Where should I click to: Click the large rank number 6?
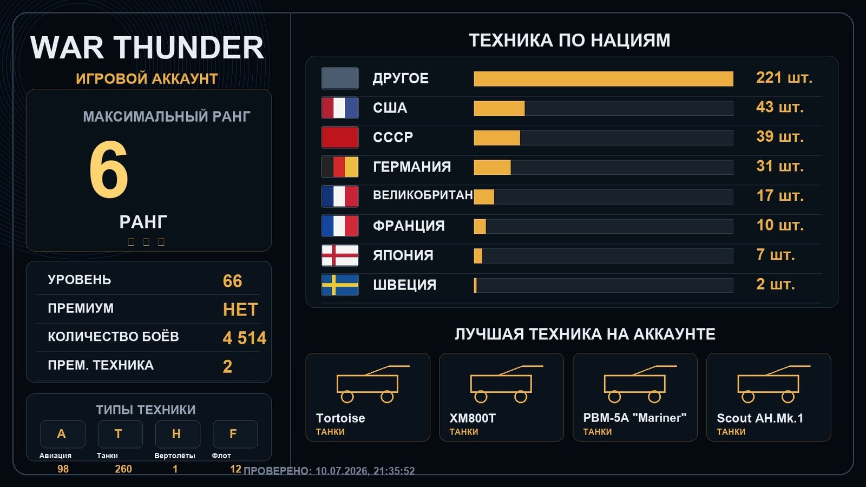point(109,169)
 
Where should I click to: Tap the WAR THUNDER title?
point(147,48)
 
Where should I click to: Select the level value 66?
point(232,281)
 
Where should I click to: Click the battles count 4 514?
point(244,338)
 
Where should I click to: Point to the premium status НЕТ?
point(240,310)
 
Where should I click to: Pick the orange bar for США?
point(499,108)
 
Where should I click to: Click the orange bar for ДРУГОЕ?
point(603,79)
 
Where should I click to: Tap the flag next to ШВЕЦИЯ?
point(340,285)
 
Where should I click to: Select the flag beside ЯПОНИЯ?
point(340,255)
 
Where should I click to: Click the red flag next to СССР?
point(340,137)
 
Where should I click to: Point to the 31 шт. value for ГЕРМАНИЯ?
point(780,166)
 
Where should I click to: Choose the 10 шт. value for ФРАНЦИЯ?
point(780,225)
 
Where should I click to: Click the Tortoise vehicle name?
point(340,418)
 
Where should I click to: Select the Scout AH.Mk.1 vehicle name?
point(760,418)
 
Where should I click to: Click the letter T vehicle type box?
point(120,434)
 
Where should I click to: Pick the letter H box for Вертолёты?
point(178,434)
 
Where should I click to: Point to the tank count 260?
point(123,469)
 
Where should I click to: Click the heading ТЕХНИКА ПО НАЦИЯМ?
point(569,40)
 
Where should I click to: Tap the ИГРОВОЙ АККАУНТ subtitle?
point(147,78)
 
